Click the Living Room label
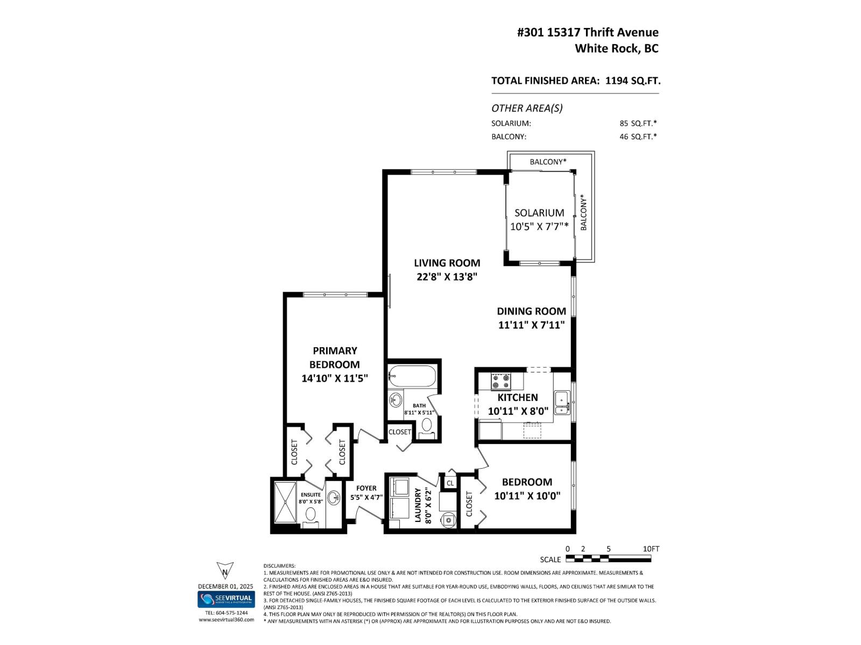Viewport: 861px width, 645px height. pos(447,263)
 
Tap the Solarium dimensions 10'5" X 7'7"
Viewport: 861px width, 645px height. pos(539,226)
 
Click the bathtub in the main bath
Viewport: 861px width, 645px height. pos(412,376)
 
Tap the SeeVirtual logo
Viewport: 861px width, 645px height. pos(226,599)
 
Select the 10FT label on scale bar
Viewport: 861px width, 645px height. pos(651,549)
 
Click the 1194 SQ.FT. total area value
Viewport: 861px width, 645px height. pos(633,81)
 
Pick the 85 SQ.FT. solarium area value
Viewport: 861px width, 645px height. pos(638,123)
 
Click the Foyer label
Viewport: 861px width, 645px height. pos(366,488)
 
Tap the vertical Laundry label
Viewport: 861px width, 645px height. pos(418,506)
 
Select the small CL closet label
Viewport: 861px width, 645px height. pos(450,483)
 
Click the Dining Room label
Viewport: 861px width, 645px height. pos(531,311)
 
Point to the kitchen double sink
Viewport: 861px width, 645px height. pos(563,403)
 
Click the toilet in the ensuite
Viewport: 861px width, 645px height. pos(310,515)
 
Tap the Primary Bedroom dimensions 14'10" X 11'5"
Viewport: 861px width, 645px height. pos(334,378)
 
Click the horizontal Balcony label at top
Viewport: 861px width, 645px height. pos(548,161)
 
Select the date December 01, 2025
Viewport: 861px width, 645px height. pos(225,586)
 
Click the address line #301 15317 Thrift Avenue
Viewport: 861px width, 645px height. pos(588,32)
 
